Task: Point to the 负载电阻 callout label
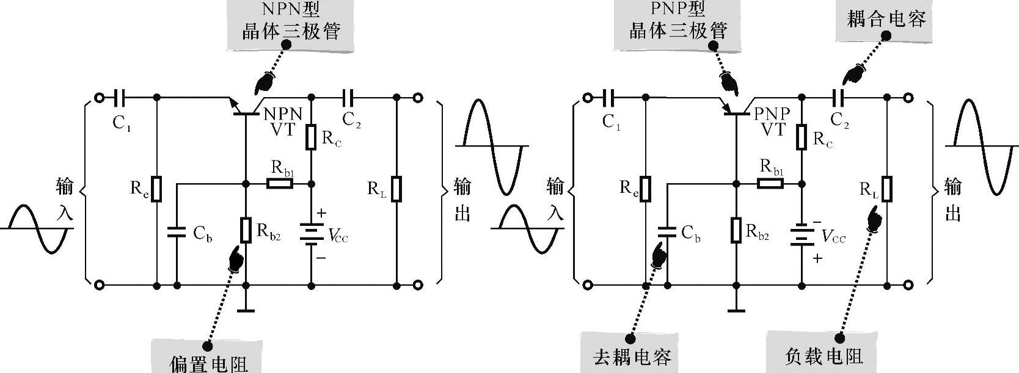pos(824,355)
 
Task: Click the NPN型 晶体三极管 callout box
pos(291,22)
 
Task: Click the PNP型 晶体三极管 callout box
pos(678,22)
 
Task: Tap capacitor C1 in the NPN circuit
pos(120,97)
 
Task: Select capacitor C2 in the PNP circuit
pos(838,97)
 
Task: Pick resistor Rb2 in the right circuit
pos(737,230)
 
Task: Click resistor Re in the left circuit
pos(157,189)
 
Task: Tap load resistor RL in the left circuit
pos(396,189)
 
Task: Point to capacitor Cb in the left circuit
pos(177,231)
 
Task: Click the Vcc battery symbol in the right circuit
pos(803,236)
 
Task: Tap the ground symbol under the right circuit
pos(737,310)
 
